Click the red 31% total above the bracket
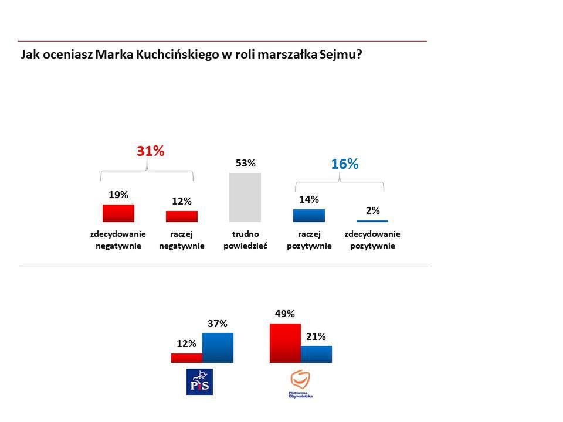(x=150, y=151)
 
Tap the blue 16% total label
(x=344, y=164)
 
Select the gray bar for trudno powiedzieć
(x=245, y=197)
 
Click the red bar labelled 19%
(x=118, y=213)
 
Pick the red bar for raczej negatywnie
(x=182, y=216)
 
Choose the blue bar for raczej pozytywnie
(x=309, y=215)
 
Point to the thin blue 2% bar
(x=372, y=221)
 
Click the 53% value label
(x=245, y=163)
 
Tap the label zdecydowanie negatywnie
(x=118, y=240)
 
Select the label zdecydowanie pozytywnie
(x=372, y=240)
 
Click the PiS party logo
(x=199, y=382)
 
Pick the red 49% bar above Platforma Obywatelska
(x=285, y=343)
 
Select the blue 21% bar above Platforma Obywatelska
(x=316, y=354)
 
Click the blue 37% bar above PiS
(x=218, y=348)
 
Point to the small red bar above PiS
(x=186, y=358)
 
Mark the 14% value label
(x=309, y=199)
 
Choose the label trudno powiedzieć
(x=245, y=240)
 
